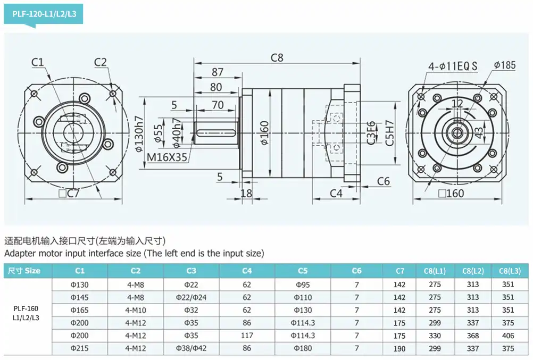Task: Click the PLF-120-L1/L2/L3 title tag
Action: tap(44, 14)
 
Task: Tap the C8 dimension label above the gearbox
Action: tap(277, 58)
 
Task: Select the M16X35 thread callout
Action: tap(167, 157)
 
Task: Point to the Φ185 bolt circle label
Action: tap(504, 65)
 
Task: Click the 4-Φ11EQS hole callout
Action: tap(453, 65)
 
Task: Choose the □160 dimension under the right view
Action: tap(451, 194)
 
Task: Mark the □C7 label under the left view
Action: tap(69, 194)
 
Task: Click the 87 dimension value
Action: tap(218, 72)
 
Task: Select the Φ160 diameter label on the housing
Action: tap(264, 132)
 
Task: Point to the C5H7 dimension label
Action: tap(389, 133)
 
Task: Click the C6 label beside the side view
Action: tap(383, 181)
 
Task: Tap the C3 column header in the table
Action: tap(191, 271)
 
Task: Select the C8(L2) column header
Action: tap(473, 271)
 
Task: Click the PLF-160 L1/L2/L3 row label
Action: tap(26, 313)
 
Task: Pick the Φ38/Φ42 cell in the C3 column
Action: tap(191, 348)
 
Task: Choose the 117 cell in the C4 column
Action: tap(247, 336)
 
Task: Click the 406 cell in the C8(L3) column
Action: tap(508, 336)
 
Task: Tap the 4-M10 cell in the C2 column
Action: tap(136, 310)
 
